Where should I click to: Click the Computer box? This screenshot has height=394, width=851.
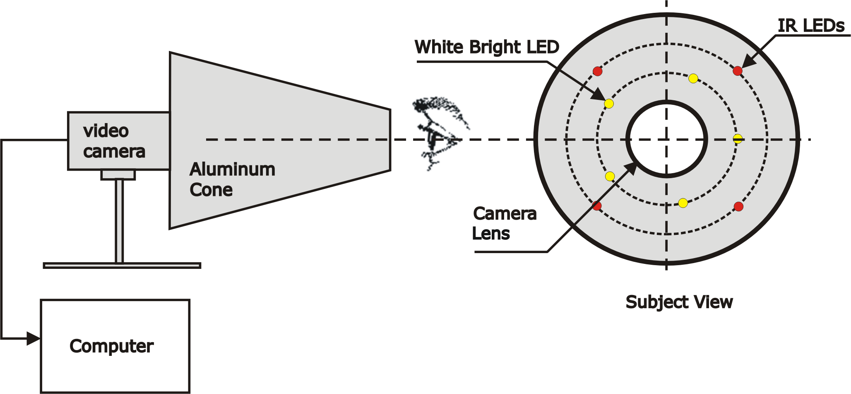(x=115, y=346)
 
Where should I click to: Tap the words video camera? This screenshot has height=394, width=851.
(x=114, y=141)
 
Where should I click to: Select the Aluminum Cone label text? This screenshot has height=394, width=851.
(x=232, y=179)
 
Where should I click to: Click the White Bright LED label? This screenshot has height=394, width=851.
(x=487, y=47)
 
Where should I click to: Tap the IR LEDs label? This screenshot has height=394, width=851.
(x=811, y=26)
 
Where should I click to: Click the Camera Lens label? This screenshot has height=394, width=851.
(x=504, y=224)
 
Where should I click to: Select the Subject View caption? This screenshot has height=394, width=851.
(x=679, y=302)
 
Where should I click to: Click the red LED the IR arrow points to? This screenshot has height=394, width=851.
(x=737, y=71)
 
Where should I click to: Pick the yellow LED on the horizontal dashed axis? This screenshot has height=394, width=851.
(x=738, y=139)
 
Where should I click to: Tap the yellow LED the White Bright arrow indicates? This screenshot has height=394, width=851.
(x=609, y=104)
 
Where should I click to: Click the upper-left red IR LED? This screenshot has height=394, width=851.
(x=597, y=71)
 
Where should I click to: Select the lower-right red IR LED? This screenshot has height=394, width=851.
(x=738, y=206)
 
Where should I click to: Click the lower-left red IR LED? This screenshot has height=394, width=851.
(x=596, y=205)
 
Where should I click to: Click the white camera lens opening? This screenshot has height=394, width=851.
(x=666, y=139)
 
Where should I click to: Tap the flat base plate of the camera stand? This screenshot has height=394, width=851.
(x=122, y=266)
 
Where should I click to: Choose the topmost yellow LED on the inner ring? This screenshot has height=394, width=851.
(x=693, y=78)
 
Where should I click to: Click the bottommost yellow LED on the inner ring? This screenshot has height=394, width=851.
(x=683, y=203)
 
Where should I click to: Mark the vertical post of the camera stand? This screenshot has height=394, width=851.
(x=119, y=221)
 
